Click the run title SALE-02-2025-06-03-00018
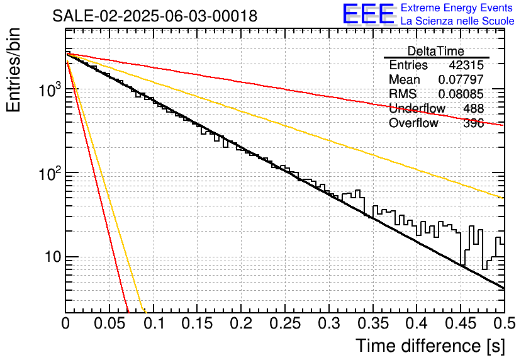pyautogui.click(x=155, y=16)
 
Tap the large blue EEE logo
pyautogui.click(x=369, y=14)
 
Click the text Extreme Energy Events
pyautogui.click(x=457, y=8)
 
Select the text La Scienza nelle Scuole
pyautogui.click(x=457, y=21)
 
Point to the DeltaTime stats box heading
pyautogui.click(x=435, y=51)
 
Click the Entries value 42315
pyautogui.click(x=466, y=65)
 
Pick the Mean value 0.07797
pyautogui.click(x=461, y=79)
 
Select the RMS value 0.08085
pyautogui.click(x=461, y=94)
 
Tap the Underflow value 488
pyautogui.click(x=473, y=108)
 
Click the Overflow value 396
pyautogui.click(x=473, y=123)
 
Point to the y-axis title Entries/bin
pyautogui.click(x=13, y=70)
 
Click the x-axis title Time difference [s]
pyautogui.click(x=430, y=346)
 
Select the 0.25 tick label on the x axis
pyautogui.click(x=285, y=323)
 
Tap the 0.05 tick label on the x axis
pyautogui.click(x=109, y=323)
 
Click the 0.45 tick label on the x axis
pyautogui.click(x=461, y=323)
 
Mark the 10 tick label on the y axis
pyautogui.click(x=53, y=257)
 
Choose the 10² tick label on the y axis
pyautogui.click(x=50, y=173)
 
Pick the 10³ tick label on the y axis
pyautogui.click(x=50, y=89)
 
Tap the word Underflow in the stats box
pyautogui.click(x=417, y=108)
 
